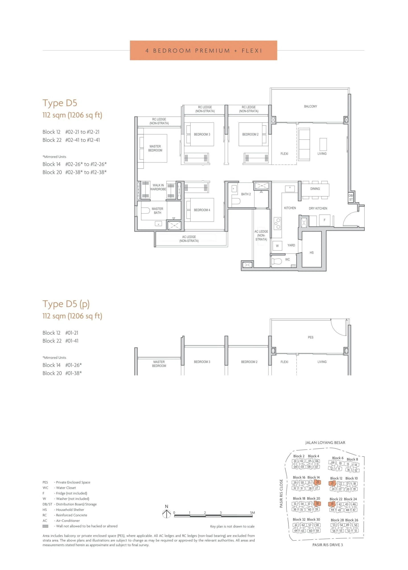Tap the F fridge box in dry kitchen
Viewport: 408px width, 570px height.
click(324, 220)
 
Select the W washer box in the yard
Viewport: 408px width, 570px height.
click(277, 246)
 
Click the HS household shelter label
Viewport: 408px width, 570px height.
click(312, 252)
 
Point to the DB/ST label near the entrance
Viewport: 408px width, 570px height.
click(351, 197)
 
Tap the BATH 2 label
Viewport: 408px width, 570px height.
click(246, 194)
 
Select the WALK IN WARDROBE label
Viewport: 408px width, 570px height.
click(158, 187)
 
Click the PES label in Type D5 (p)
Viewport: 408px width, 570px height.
click(311, 337)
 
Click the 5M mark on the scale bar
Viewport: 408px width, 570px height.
click(252, 513)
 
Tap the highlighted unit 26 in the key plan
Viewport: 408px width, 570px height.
click(317, 482)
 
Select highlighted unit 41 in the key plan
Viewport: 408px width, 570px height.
click(332, 504)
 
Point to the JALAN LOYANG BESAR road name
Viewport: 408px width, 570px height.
click(325, 442)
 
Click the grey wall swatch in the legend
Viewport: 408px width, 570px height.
click(45, 526)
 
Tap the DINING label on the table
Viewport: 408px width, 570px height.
click(315, 189)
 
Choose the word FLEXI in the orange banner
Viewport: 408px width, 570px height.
click(252, 51)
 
